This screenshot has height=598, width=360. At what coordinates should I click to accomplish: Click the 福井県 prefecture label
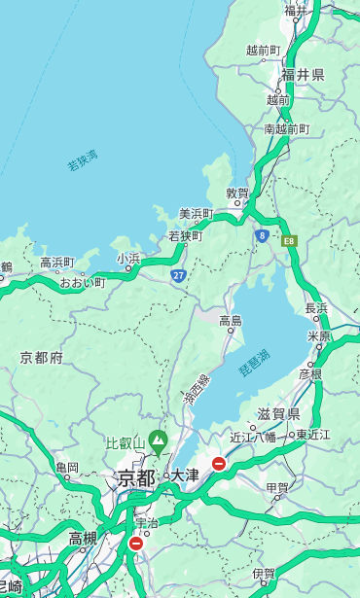pos(303,75)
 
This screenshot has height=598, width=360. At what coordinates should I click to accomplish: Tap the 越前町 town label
pos(263,51)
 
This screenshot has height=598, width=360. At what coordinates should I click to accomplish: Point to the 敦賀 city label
pos(237,193)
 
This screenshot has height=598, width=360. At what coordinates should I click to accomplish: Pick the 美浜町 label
pos(196,214)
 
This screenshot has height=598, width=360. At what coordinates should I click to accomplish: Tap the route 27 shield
pos(179,275)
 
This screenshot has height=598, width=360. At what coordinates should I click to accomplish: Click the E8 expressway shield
pos(289,239)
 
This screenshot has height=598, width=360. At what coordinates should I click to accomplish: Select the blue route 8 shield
pos(262,235)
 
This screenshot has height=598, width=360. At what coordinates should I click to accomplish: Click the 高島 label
pos(231,321)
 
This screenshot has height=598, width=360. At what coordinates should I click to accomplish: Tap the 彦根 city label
pos(310,374)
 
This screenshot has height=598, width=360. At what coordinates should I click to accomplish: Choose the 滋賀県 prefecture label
pos(278,415)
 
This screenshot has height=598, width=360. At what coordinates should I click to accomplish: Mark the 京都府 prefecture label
pos(42,358)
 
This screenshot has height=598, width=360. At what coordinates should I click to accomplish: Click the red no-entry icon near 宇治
pos(135,544)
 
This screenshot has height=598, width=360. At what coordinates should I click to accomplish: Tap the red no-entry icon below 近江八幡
pos(219,464)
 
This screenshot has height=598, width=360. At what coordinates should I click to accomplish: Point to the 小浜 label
pos(128,259)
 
